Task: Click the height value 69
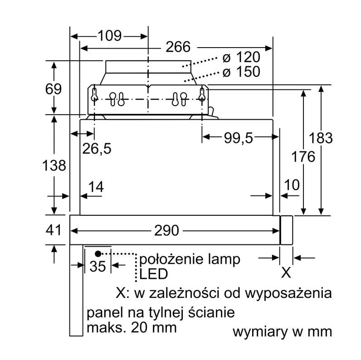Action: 54,89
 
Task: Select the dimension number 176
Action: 303,157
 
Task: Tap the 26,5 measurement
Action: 96,148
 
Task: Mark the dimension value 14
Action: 96,186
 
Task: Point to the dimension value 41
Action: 54,230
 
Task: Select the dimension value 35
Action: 98,266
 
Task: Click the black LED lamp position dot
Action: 98,253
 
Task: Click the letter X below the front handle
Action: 286,272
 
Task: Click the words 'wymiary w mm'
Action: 282,332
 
